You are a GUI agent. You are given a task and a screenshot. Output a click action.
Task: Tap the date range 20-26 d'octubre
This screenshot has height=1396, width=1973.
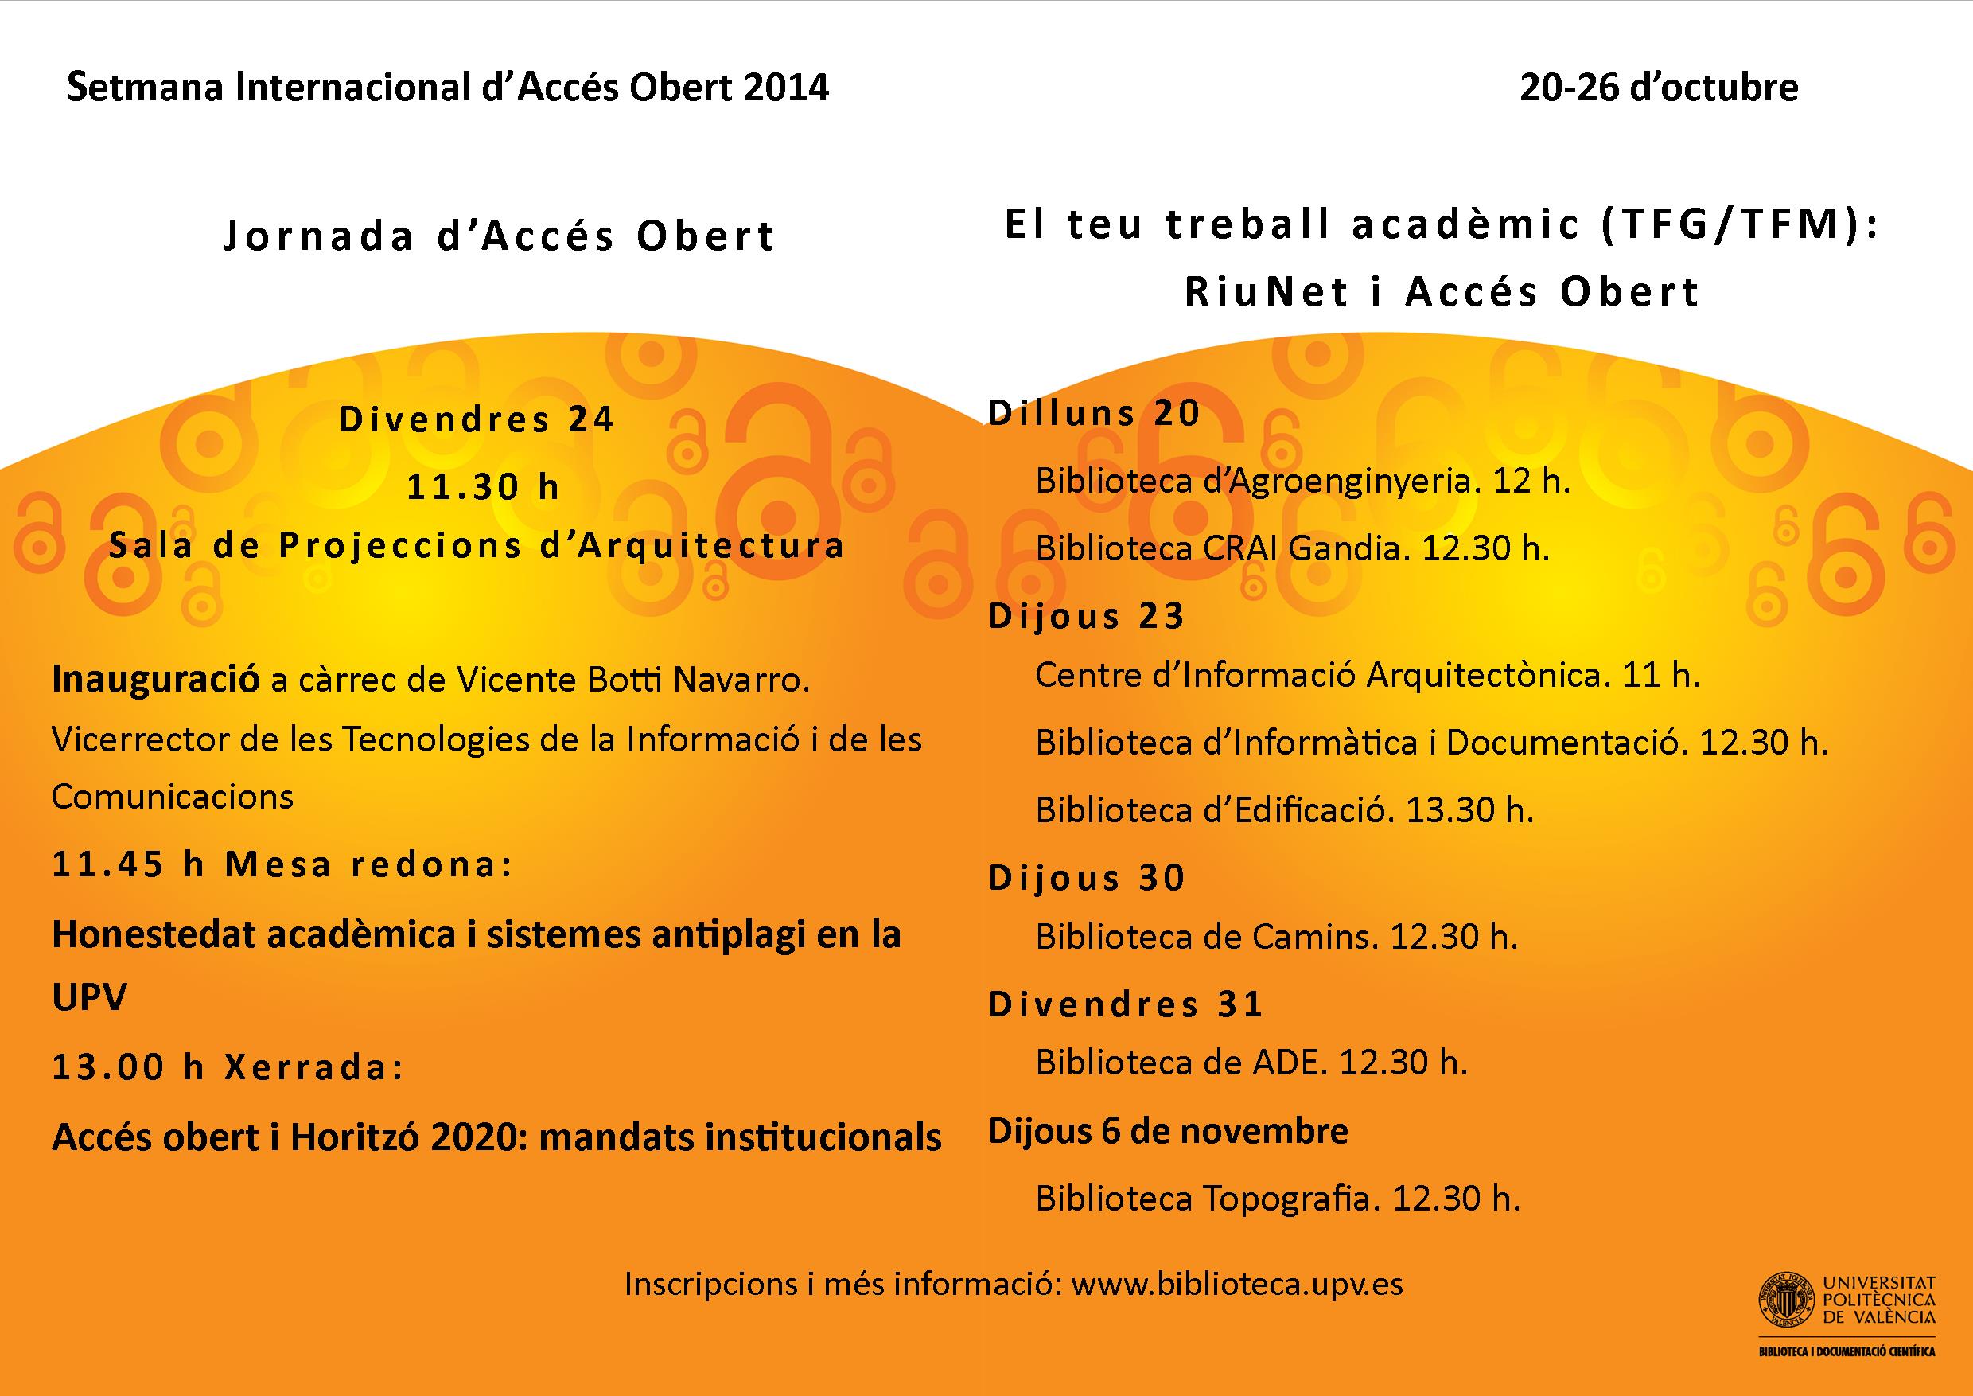(x=1659, y=88)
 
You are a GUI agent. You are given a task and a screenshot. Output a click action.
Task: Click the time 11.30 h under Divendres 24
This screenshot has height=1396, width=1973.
(x=483, y=487)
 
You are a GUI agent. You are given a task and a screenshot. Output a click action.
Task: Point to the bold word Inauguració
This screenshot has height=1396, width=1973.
(x=156, y=679)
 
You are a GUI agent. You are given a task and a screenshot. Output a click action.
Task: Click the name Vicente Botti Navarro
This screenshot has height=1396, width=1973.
(x=633, y=679)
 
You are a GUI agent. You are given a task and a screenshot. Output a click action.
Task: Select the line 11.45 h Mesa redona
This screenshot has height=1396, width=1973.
(x=282, y=864)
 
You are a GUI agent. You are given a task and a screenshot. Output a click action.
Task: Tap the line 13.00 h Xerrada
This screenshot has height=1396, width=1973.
(x=228, y=1066)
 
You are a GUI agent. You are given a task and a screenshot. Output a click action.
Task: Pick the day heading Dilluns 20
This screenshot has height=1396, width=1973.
(x=1094, y=414)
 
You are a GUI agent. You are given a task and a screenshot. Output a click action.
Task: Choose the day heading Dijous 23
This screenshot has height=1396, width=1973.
(x=1087, y=616)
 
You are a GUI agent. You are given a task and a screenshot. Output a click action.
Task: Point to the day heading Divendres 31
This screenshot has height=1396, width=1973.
(x=1126, y=1004)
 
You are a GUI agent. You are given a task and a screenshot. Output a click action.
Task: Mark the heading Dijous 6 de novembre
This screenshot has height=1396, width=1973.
(x=1168, y=1131)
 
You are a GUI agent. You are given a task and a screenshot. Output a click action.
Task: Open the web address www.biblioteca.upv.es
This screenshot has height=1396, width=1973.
(x=1237, y=1285)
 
